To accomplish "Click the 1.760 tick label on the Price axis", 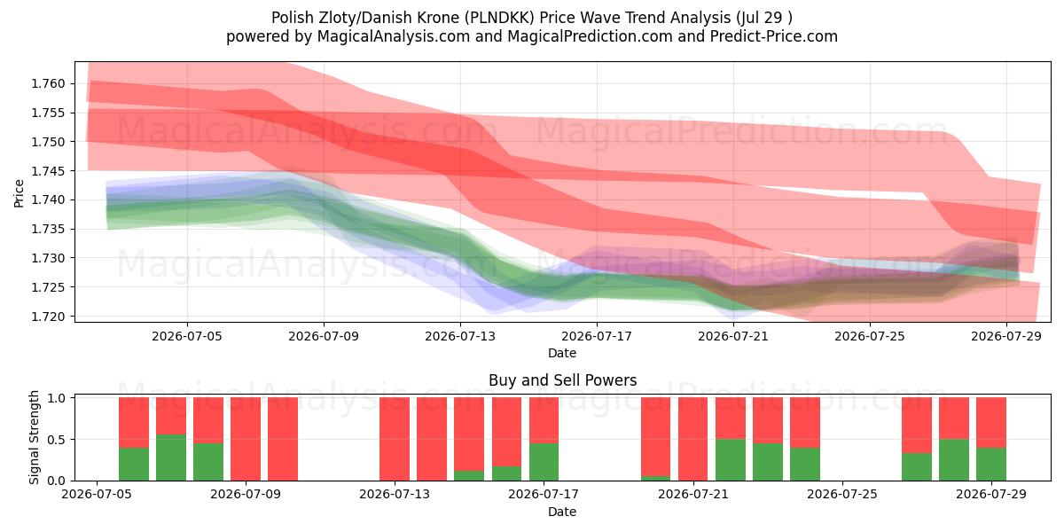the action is point(48,84).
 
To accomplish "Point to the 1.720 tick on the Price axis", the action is point(48,317).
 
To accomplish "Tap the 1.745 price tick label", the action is point(48,171).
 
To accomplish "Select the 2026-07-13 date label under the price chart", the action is point(460,336).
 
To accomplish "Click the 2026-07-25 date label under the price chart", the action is point(870,336).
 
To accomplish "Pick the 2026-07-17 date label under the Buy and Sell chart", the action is point(544,495).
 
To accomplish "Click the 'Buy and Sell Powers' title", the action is point(562,380).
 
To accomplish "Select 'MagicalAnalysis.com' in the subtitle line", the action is point(394,36).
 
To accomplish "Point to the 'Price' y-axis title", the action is point(19,193).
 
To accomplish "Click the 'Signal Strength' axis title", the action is point(34,437).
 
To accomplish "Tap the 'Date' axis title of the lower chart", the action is point(562,512).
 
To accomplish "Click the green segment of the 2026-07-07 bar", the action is point(171,458).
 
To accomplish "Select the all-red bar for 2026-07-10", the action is point(283,439).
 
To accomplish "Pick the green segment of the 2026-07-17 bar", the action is point(544,462).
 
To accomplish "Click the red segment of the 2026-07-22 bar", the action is point(730,418).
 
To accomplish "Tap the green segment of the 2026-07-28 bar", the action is point(954,460).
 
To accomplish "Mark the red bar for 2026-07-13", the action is point(395,439).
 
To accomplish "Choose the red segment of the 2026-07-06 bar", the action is point(134,423).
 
